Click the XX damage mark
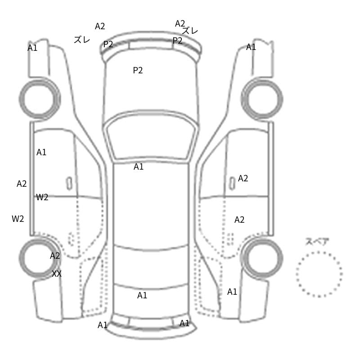click(57, 274)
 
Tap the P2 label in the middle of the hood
click(138, 70)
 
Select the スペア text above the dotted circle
click(314, 242)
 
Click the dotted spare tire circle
click(319, 252)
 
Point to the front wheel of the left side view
click(21, 99)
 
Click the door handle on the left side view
click(69, 184)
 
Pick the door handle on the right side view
click(232, 184)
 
